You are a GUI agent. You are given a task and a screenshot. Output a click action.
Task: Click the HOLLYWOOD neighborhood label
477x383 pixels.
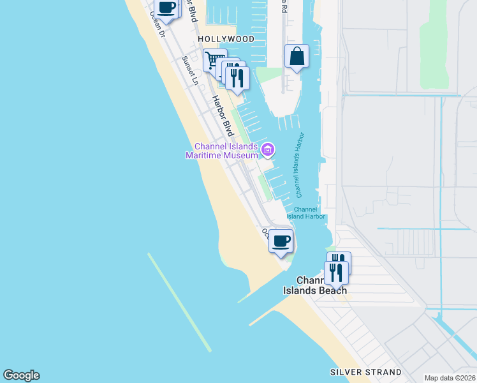(226, 39)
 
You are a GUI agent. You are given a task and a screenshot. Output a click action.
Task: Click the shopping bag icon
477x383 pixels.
(297, 57)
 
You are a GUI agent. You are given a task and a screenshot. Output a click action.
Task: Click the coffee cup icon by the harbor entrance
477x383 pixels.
(280, 241)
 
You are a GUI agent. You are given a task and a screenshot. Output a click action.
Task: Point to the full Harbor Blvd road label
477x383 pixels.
(223, 116)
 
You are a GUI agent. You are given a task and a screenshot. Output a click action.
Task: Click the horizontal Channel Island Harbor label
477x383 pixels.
(305, 213)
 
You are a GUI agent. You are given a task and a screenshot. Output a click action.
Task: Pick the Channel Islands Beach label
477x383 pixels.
(316, 285)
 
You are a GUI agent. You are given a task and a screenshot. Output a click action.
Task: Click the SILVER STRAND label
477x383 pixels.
(365, 372)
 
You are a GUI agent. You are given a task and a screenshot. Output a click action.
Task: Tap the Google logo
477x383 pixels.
(21, 375)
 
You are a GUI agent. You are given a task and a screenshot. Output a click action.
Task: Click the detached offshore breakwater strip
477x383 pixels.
(179, 302)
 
